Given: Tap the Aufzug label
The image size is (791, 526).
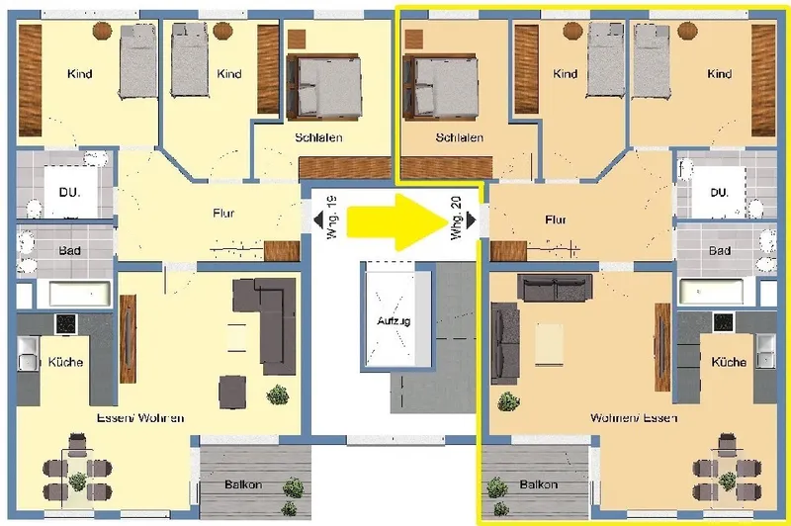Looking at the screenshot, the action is pyautogui.click(x=394, y=320).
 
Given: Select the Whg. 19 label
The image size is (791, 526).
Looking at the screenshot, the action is pyautogui.click(x=331, y=218).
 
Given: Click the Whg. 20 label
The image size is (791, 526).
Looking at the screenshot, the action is pyautogui.click(x=456, y=218).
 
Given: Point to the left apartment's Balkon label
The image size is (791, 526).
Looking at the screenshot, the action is pyautogui.click(x=243, y=484).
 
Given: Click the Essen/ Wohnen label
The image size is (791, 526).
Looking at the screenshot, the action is pyautogui.click(x=140, y=418).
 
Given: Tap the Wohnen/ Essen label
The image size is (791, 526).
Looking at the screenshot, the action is pyautogui.click(x=634, y=418).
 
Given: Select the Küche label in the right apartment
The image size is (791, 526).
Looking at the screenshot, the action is pyautogui.click(x=729, y=362).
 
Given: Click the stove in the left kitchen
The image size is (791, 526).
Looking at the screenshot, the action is pyautogui.click(x=65, y=324).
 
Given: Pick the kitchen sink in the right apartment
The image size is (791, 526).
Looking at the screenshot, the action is pyautogui.click(x=764, y=349).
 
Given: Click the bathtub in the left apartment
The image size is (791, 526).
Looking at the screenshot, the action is pyautogui.click(x=80, y=293).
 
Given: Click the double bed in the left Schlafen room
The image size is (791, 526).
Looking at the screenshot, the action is pyautogui.click(x=324, y=87).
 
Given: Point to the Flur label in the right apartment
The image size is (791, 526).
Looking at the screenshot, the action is pyautogui.click(x=556, y=219).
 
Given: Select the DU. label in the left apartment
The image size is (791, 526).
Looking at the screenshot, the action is pyautogui.click(x=69, y=192).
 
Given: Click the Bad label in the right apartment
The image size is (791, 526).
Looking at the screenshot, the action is pyautogui.click(x=720, y=250).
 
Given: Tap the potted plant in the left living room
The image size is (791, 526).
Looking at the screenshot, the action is pyautogui.click(x=277, y=394).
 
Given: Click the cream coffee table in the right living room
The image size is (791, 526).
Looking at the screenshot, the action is pyautogui.click(x=550, y=344).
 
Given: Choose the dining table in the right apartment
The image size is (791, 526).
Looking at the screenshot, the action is pyautogui.click(x=727, y=475).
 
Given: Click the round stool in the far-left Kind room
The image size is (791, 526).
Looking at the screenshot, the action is pyautogui.click(x=102, y=32).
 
